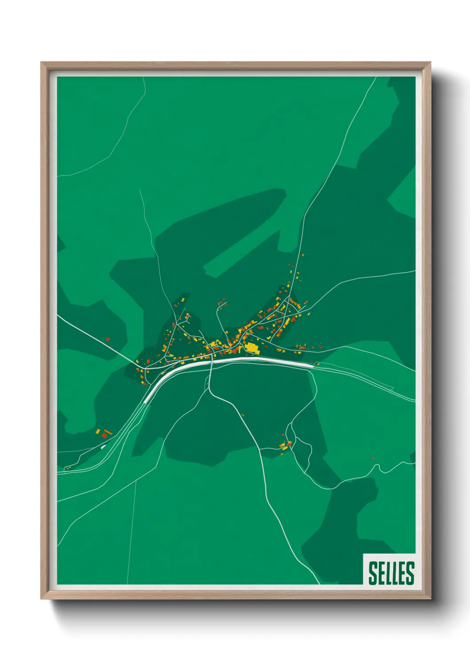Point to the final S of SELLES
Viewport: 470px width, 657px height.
pos(410,573)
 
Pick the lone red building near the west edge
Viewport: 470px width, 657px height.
pos(108,339)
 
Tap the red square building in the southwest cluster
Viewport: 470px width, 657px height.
pos(104,436)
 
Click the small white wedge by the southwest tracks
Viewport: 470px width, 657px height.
pos(103,447)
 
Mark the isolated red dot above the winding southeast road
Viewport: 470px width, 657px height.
pos(373,458)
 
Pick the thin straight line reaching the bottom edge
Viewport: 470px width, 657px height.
pos(131,533)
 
